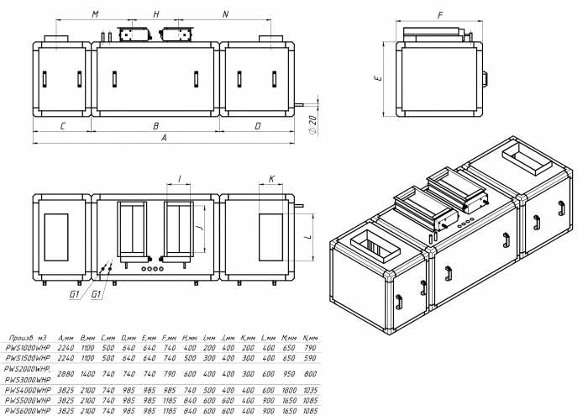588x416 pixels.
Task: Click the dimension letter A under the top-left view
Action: tap(165, 136)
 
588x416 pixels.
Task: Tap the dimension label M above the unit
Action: tap(95, 15)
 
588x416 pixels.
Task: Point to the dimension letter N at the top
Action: tap(225, 15)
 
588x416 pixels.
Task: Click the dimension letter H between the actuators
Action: tap(155, 15)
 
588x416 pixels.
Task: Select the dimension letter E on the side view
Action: tap(379, 77)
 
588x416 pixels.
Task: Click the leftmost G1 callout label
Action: tap(74, 295)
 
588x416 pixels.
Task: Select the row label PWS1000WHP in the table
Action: tap(28, 345)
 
